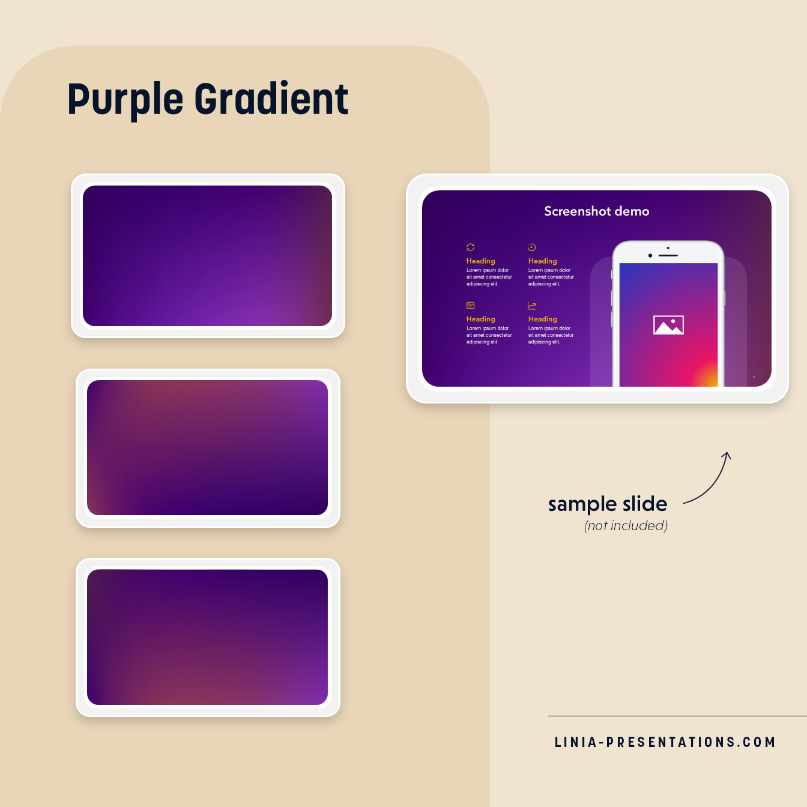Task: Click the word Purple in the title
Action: tap(125, 100)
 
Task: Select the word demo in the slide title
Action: tap(632, 211)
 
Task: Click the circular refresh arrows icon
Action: tap(471, 247)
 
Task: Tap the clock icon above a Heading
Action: tap(531, 247)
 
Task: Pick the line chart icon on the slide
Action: tap(531, 306)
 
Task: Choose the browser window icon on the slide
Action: tap(471, 306)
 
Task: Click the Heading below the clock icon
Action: tap(543, 261)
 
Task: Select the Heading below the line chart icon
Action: tap(543, 319)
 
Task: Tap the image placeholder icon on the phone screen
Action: tap(668, 325)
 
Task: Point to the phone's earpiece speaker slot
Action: tap(668, 256)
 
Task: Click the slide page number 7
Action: tap(754, 377)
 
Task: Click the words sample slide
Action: tap(607, 504)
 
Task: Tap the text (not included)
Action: tap(626, 526)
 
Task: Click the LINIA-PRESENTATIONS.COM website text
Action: tap(665, 742)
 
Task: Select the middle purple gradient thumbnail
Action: tap(208, 448)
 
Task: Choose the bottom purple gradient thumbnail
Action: tap(208, 637)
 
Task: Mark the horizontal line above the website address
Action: tap(677, 716)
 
